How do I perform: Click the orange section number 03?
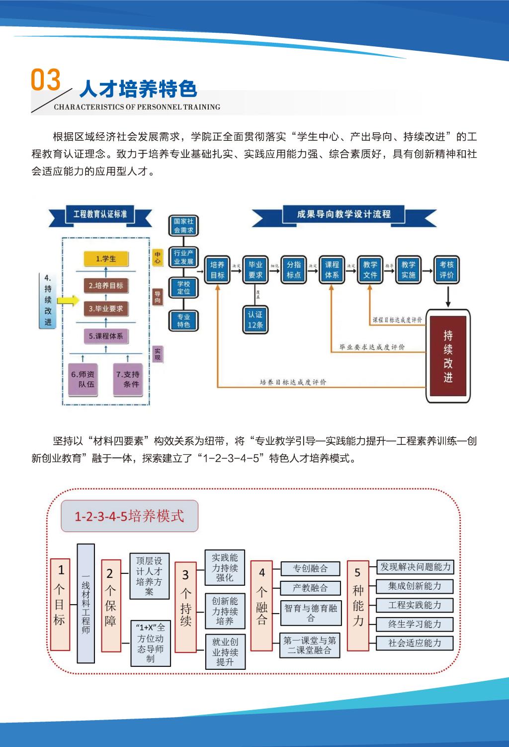point(46,80)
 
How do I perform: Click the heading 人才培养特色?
point(138,90)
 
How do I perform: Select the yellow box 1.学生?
point(105,259)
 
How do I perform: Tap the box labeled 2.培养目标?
point(105,286)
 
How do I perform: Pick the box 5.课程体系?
point(105,336)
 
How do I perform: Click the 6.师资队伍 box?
point(83,379)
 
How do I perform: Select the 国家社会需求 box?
point(183,225)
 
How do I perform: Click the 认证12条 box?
point(255,320)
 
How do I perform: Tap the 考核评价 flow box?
point(446,270)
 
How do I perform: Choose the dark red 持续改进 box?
point(448,356)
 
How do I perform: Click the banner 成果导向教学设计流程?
point(343,214)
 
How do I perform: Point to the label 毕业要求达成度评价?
point(372,347)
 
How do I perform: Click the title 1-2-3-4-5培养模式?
point(129,516)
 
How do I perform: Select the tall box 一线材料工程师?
point(86,603)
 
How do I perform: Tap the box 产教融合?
point(310,588)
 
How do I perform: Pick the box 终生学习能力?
point(415,624)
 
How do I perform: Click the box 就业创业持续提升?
point(225,651)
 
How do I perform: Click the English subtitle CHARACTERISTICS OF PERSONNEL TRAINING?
point(137,107)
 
